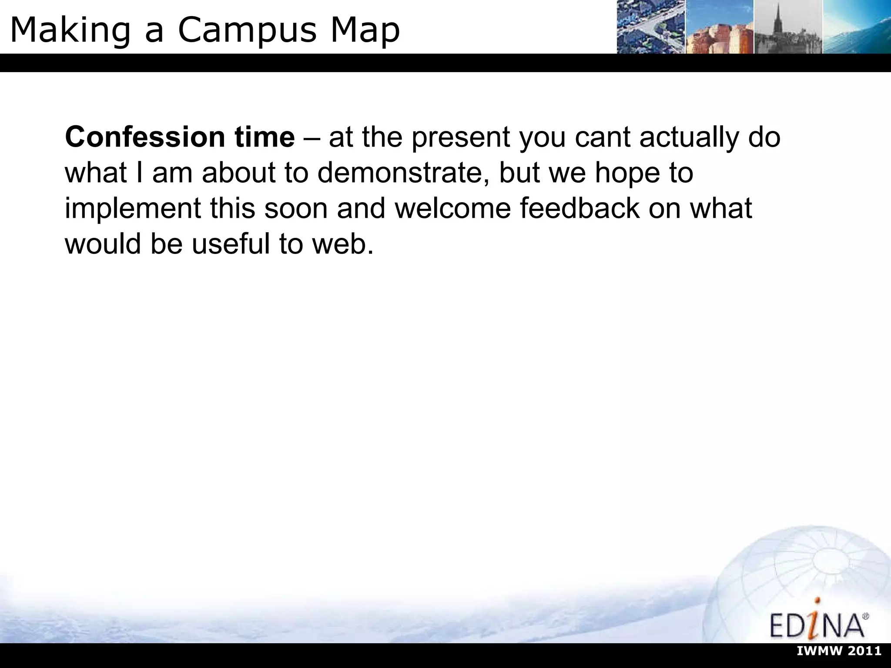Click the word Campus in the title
coord(246,30)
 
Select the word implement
coord(133,209)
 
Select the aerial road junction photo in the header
coord(651,27)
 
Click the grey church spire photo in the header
coord(788,27)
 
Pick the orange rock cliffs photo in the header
coord(720,27)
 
